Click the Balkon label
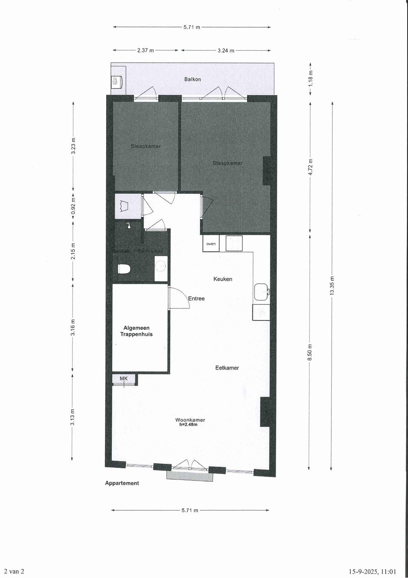pos(192,79)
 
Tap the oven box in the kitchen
pos(211,244)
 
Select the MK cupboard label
pos(124,379)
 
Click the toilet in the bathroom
pos(124,269)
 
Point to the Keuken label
pos(223,279)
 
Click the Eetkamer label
pos(227,368)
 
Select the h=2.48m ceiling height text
pos(188,425)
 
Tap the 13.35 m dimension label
pos(332,286)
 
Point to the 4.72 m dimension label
pos(310,166)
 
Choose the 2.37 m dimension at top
pos(145,50)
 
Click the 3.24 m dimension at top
pos(226,50)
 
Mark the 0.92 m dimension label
pos(73,207)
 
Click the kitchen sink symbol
pos(261,291)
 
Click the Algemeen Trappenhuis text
pos(136,331)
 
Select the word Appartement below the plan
pos(122,483)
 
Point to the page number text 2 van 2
pos(14,572)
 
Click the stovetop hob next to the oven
pos(234,243)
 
